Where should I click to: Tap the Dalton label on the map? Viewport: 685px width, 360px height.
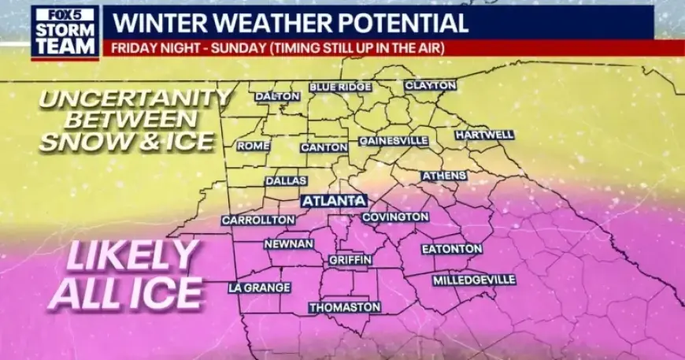[x=277, y=96]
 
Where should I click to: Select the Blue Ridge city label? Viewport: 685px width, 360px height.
[x=340, y=87]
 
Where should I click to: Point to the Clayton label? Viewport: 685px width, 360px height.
[x=431, y=85]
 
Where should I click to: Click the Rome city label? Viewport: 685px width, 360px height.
[x=254, y=146]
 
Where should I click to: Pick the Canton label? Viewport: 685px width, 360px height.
[x=324, y=147]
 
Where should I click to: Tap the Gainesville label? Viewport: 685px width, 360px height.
[x=394, y=141]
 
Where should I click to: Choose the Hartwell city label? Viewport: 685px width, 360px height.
[x=484, y=135]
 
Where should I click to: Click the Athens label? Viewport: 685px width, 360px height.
[x=444, y=176]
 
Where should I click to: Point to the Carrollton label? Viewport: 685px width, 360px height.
[x=252, y=221]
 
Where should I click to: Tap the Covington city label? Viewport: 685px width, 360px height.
[x=395, y=217]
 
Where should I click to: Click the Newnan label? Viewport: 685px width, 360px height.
[x=289, y=244]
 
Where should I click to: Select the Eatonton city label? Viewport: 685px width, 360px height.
[x=452, y=249]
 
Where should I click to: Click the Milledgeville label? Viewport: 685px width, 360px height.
[x=474, y=280]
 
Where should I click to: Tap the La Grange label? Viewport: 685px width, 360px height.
[x=259, y=288]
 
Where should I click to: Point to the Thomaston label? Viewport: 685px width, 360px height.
[x=345, y=306]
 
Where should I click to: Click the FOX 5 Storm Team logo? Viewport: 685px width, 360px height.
[x=65, y=32]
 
